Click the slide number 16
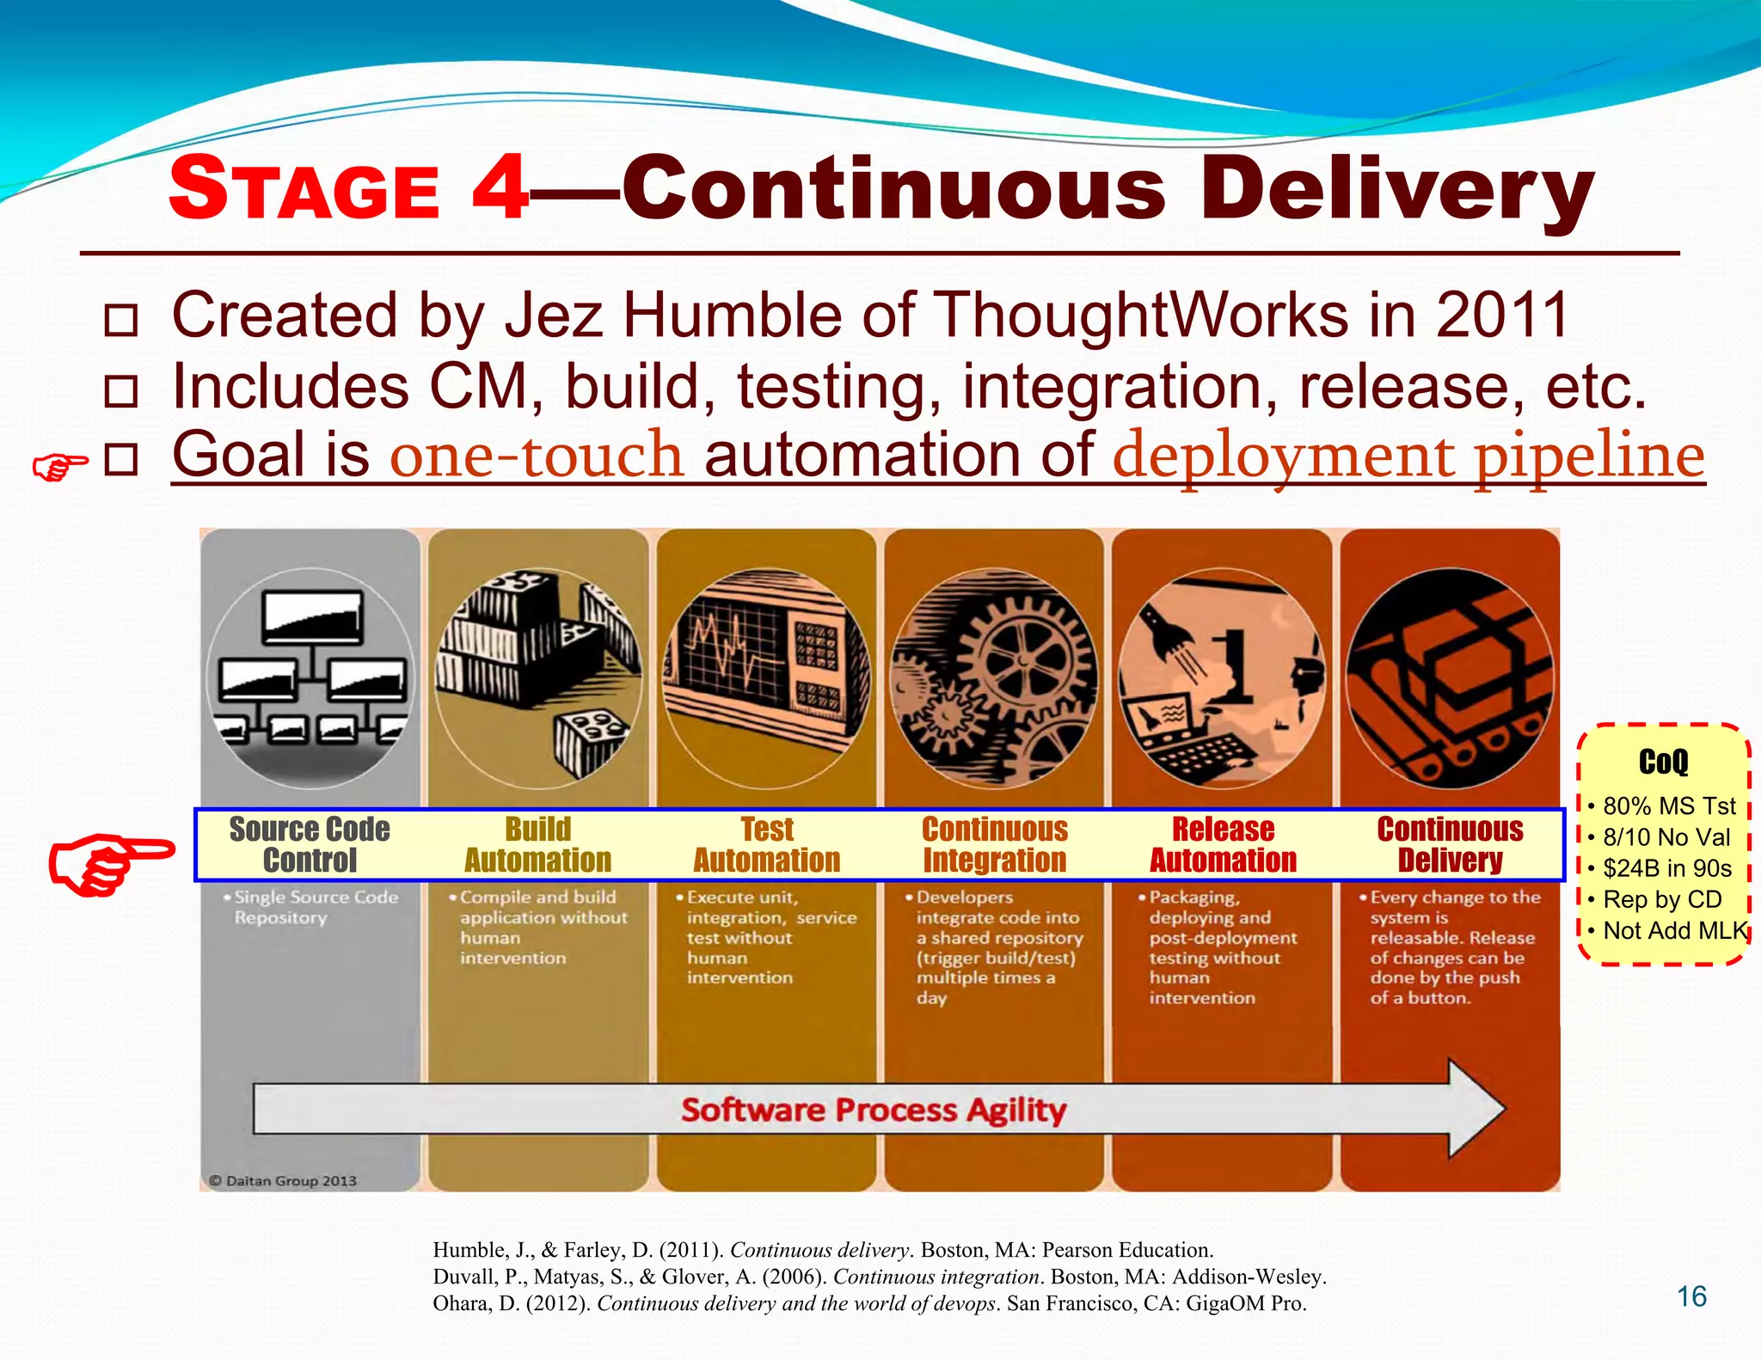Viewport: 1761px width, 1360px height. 1691,1296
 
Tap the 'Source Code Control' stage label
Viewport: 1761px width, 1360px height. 310,844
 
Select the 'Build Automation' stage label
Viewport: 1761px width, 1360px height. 538,844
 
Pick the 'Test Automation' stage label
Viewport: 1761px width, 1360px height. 767,844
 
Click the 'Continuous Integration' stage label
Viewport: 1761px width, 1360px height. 995,844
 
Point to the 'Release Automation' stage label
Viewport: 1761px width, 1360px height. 1224,844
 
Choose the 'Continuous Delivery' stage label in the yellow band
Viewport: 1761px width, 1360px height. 1451,844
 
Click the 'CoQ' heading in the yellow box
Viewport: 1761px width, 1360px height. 1663,762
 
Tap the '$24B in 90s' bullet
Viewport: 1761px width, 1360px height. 1667,868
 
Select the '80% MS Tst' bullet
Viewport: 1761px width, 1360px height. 1669,806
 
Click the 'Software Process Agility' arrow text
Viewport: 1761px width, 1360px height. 874,1110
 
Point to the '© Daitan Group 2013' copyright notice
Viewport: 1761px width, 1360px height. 284,1180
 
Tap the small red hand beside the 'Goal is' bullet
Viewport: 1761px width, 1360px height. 59,467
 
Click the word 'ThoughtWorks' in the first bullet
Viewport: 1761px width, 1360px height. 1140,315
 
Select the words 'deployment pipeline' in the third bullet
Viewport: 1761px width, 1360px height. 1408,456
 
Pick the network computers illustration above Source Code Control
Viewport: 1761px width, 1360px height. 310,677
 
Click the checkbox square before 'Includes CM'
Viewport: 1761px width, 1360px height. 120,391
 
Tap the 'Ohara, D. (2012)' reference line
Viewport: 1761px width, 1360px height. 869,1303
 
